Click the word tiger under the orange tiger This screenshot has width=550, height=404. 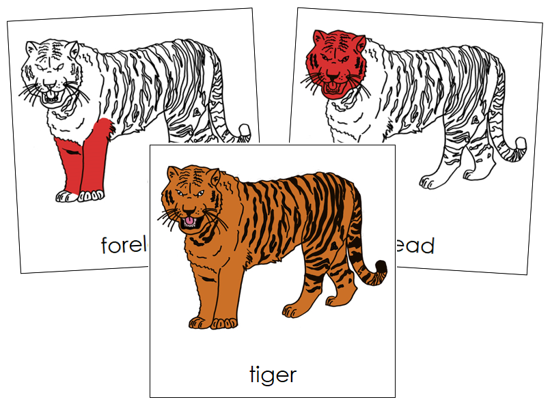coord(272,374)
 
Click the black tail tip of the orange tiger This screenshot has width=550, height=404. coord(380,268)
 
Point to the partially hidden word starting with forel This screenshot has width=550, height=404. coord(124,244)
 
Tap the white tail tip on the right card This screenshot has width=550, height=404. coord(521,144)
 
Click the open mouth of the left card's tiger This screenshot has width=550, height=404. coord(51,96)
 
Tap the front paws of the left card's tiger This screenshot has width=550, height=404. coord(79,197)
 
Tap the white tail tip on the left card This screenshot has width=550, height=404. coord(245,130)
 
